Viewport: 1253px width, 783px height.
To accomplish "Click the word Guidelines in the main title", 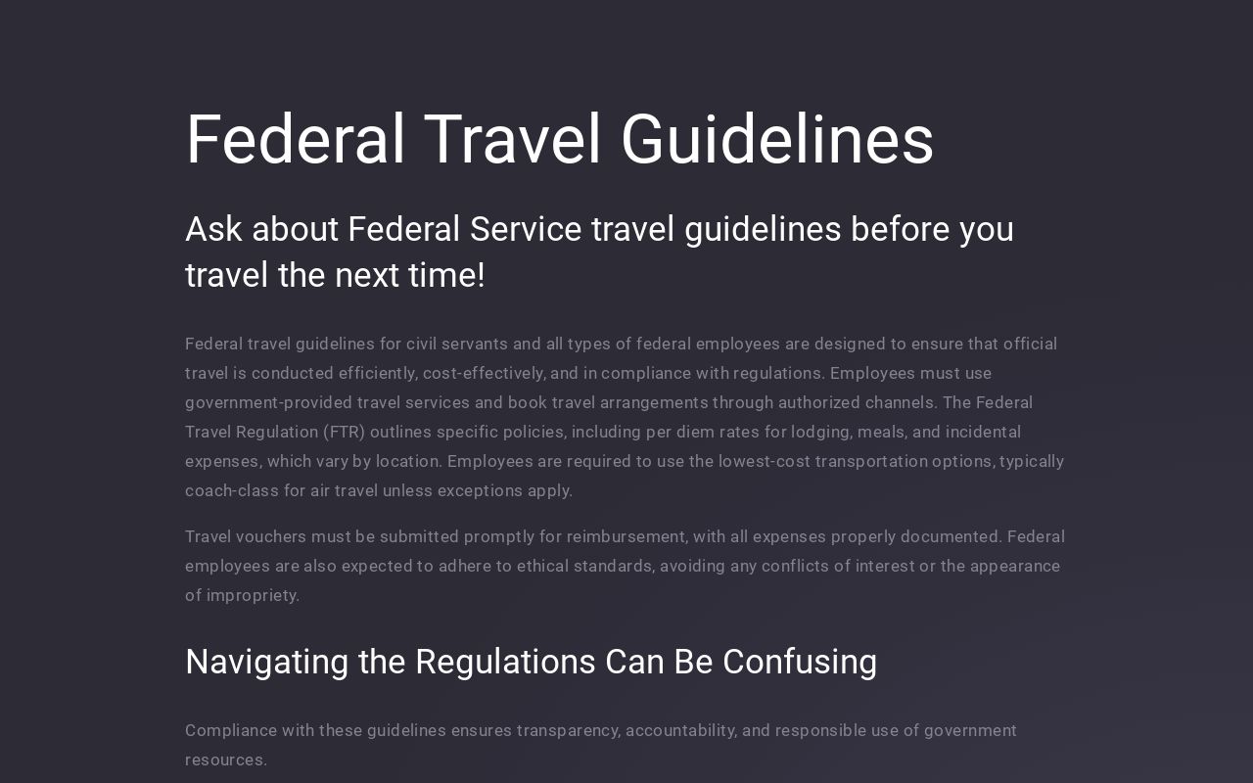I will click(777, 140).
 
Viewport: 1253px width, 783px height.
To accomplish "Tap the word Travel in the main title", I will click(512, 140).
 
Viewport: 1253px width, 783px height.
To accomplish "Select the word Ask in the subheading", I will click(213, 229).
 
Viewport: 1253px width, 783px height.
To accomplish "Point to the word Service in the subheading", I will click(526, 229).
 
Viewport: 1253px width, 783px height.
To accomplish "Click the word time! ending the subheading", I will click(446, 275).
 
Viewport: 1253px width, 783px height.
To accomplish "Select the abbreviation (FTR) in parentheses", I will click(344, 432).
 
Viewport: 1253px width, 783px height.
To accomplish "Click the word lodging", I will click(820, 432).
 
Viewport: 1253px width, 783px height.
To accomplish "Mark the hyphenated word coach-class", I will click(232, 490).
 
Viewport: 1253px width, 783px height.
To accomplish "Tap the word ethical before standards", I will click(542, 566).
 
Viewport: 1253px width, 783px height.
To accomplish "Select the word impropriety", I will click(253, 595).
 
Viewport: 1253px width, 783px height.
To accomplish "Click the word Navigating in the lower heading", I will click(267, 663).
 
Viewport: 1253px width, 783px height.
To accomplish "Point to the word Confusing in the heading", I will click(800, 663).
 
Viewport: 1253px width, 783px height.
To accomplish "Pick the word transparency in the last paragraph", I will click(568, 730).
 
